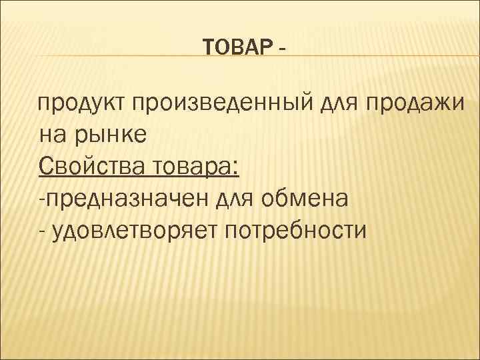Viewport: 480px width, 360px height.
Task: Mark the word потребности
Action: [295, 231]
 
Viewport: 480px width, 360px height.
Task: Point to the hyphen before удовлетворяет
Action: [42, 233]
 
